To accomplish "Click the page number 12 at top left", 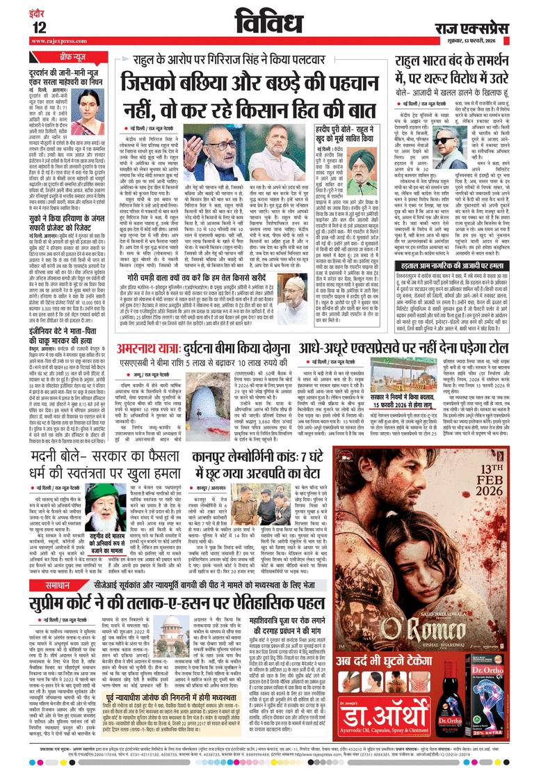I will coord(39,27).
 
